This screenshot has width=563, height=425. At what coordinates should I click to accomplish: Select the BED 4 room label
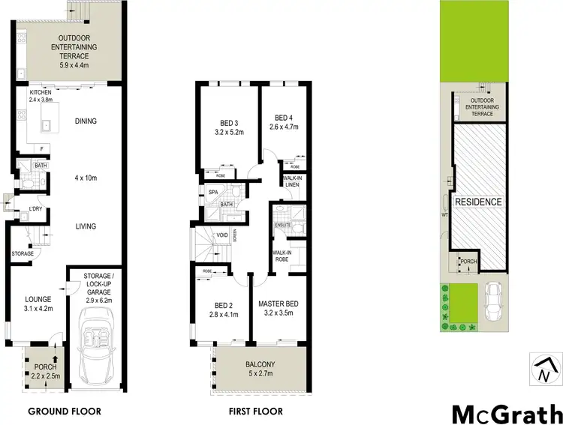(x=283, y=118)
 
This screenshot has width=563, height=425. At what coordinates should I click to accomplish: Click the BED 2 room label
(x=221, y=304)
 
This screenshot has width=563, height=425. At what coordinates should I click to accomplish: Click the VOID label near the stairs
(x=222, y=235)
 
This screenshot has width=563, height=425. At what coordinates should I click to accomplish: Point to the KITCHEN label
(x=41, y=92)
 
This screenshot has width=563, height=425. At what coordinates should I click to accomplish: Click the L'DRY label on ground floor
(x=35, y=208)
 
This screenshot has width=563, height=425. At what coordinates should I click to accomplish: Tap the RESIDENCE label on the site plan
(x=476, y=202)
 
